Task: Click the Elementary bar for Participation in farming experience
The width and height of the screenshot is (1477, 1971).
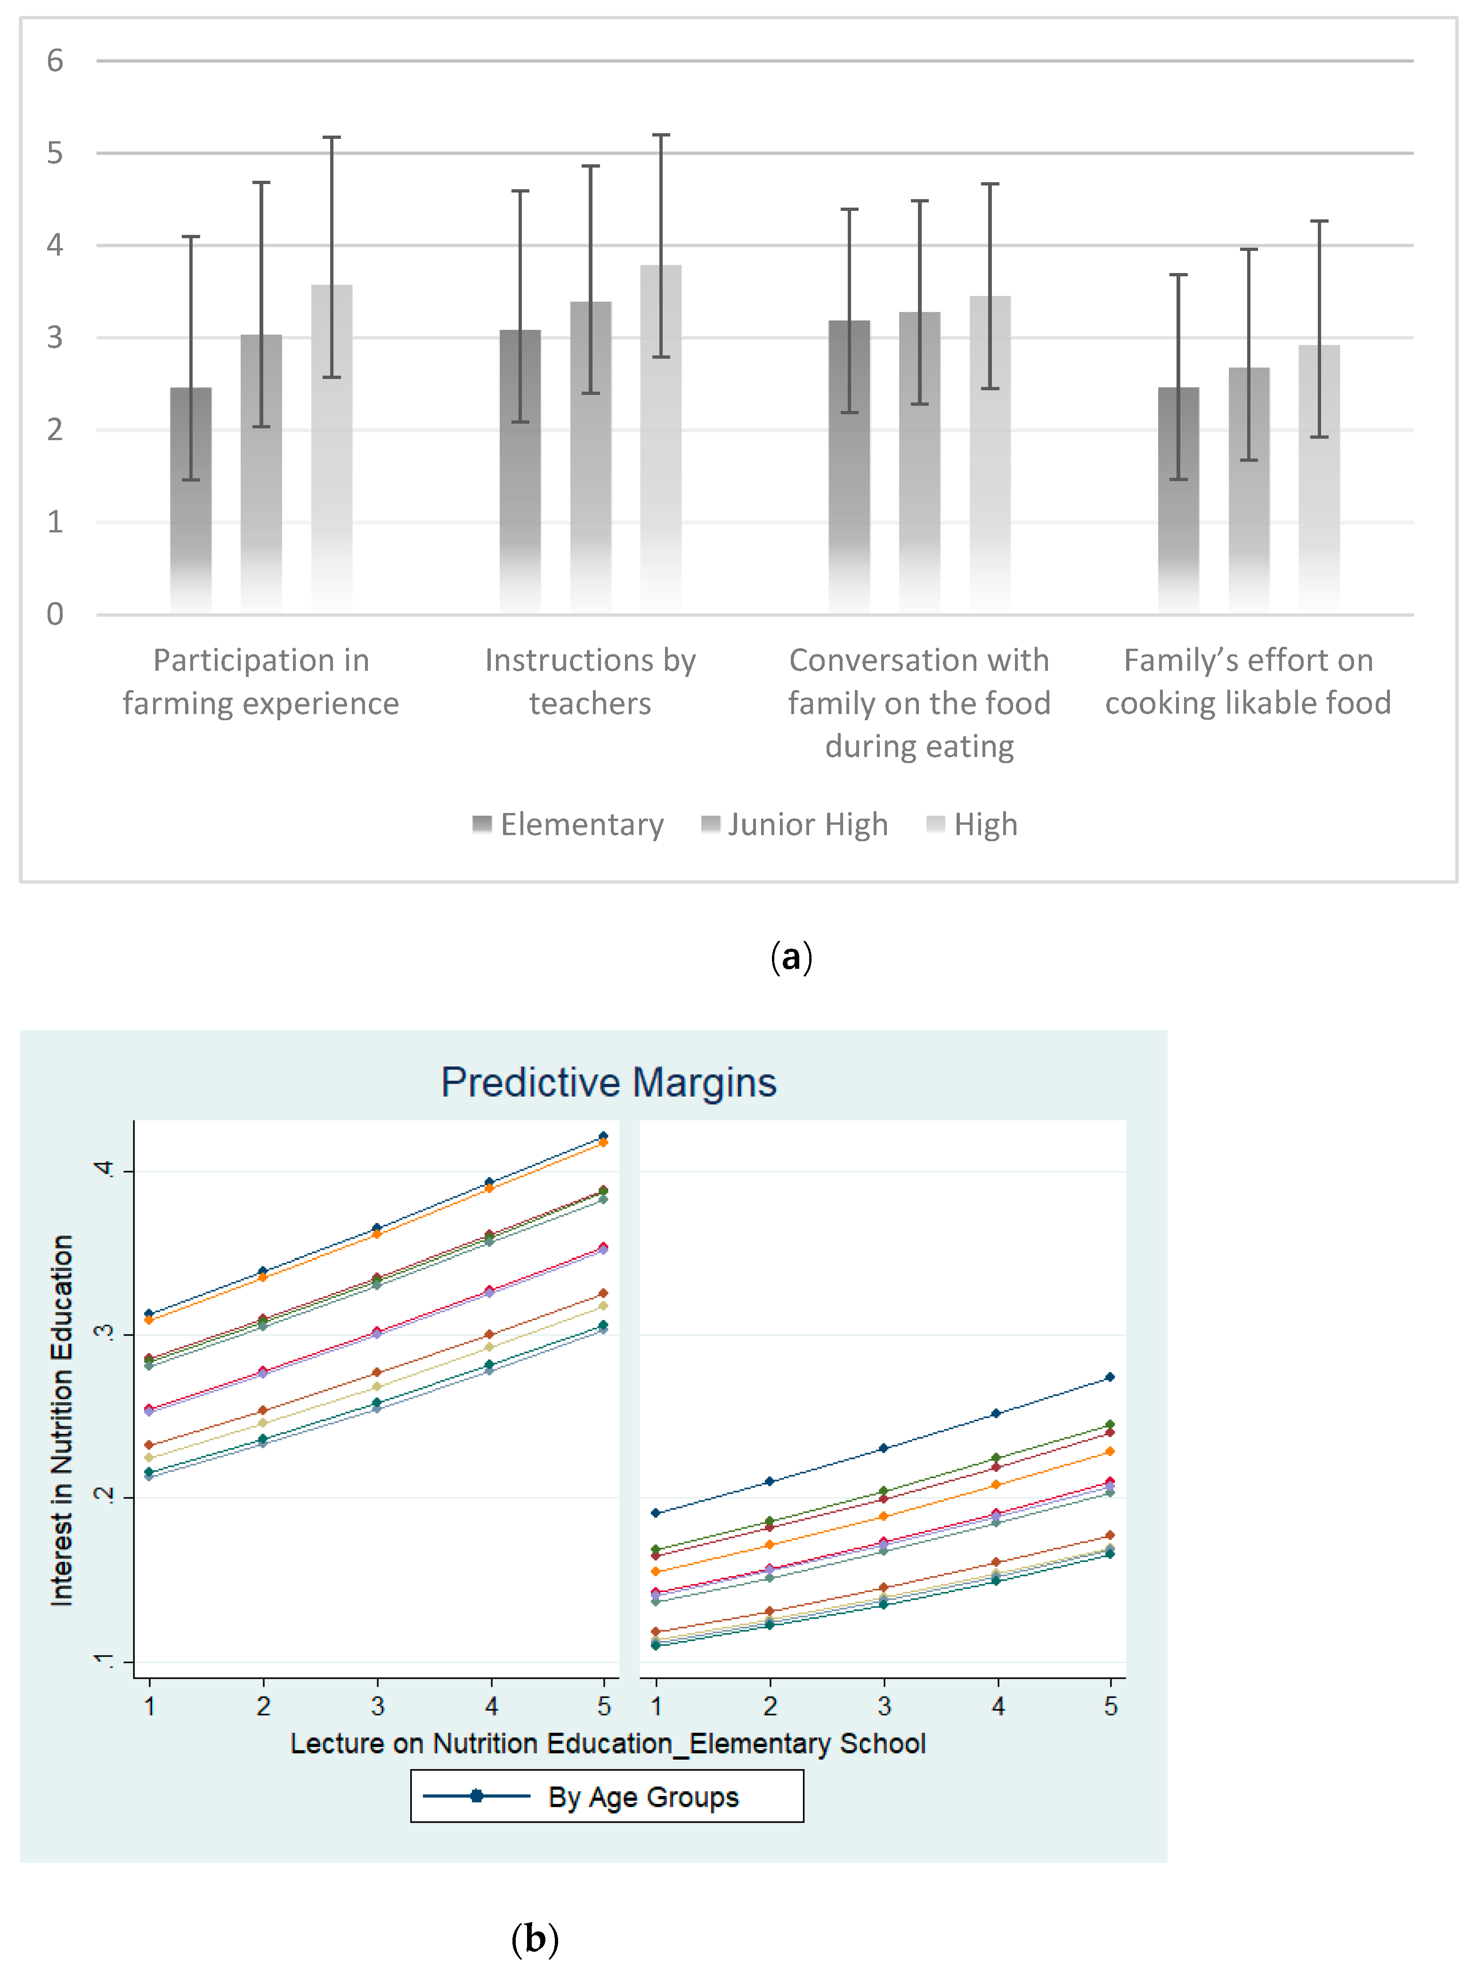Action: tap(191, 499)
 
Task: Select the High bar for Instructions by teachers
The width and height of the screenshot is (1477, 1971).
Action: tap(660, 437)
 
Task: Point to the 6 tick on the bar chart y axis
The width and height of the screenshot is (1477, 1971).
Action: tap(55, 61)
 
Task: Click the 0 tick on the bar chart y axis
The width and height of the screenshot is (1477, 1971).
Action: tap(55, 614)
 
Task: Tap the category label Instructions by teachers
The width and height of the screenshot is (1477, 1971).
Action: tap(590, 682)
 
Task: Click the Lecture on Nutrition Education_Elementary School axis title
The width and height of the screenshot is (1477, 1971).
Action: tap(608, 1743)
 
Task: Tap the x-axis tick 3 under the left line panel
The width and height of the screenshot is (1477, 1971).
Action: tap(377, 1706)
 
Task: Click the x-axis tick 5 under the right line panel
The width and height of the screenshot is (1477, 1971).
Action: tap(1110, 1706)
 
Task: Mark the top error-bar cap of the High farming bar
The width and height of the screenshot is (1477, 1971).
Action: tap(332, 137)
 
